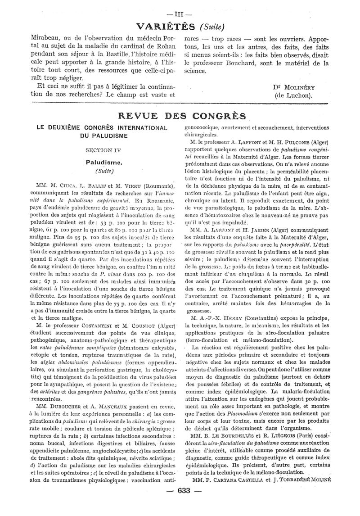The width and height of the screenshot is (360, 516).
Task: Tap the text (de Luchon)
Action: click(x=295, y=95)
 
